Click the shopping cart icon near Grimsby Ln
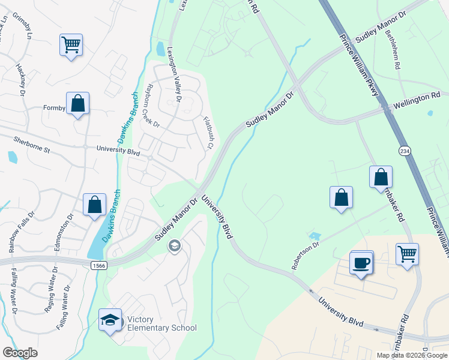tap(71, 45)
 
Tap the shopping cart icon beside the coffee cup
tap(407, 254)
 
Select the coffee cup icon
tap(361, 262)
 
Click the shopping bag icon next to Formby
tap(77, 104)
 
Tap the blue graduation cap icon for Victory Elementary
tap(110, 320)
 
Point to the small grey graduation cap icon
tap(175, 245)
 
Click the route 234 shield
tap(402, 148)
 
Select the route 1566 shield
tap(99, 265)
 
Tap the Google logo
tap(20, 353)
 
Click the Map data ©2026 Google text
tap(412, 355)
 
